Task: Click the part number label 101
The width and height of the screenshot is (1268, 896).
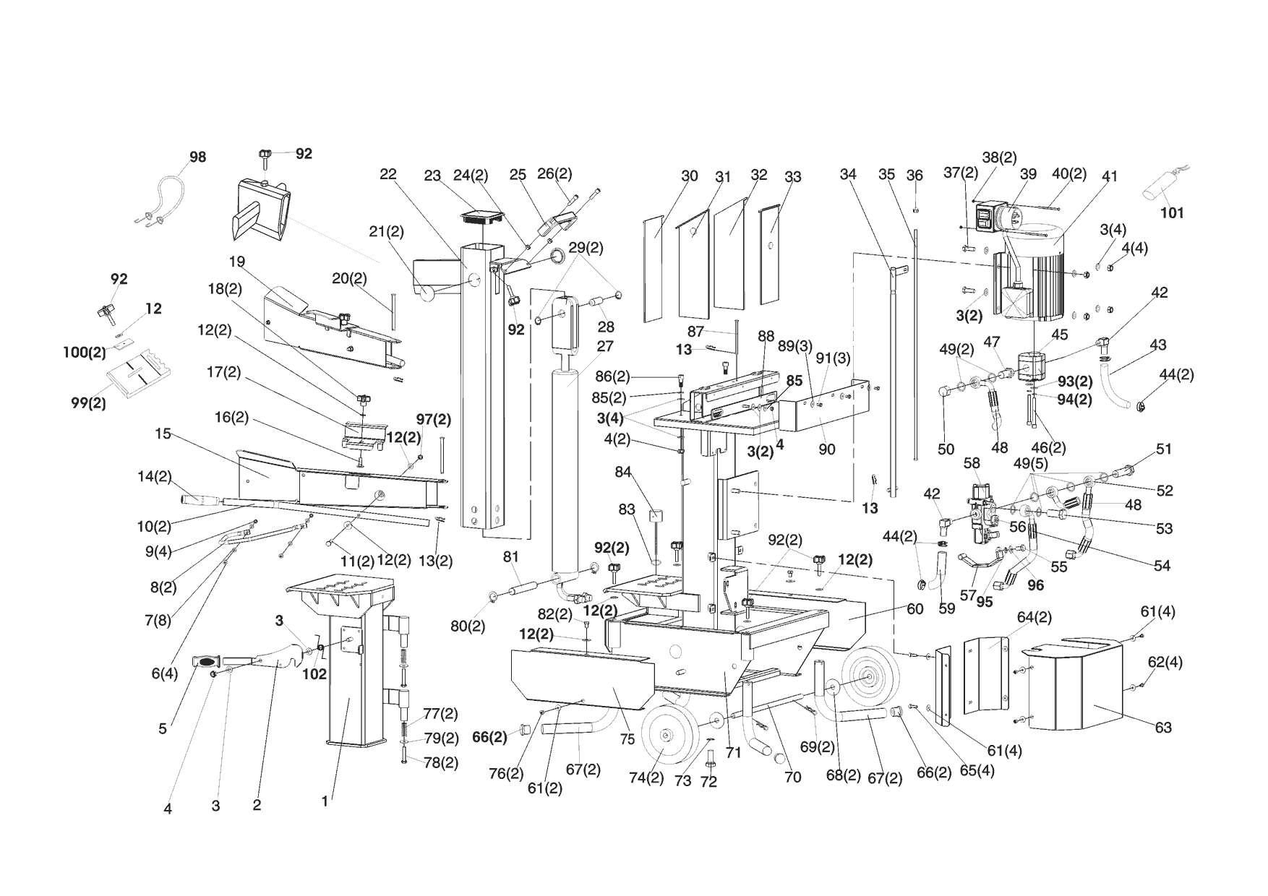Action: click(1172, 213)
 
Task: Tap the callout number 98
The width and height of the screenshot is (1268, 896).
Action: click(197, 158)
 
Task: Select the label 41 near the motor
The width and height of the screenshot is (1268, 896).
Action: click(1110, 176)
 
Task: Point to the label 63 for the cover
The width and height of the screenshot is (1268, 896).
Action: click(1163, 728)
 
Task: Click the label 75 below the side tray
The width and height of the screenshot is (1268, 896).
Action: click(627, 739)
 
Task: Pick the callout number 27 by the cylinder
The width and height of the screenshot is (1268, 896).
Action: click(605, 346)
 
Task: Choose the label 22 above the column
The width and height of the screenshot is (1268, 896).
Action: click(388, 174)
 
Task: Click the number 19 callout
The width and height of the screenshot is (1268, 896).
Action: click(238, 262)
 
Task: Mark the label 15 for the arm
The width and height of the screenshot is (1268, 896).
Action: click(163, 434)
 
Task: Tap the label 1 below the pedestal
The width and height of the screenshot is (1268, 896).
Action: click(325, 801)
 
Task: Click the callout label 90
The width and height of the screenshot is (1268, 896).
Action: click(826, 449)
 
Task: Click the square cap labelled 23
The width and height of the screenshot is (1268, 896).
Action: click(476, 215)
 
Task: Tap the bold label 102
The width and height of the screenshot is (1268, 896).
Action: click(314, 674)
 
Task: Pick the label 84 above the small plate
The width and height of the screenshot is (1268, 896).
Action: click(623, 473)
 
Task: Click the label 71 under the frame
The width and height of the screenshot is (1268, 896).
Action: click(734, 753)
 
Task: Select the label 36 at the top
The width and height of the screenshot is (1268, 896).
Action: click(914, 176)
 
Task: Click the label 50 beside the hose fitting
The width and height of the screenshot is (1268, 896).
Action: click(946, 449)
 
